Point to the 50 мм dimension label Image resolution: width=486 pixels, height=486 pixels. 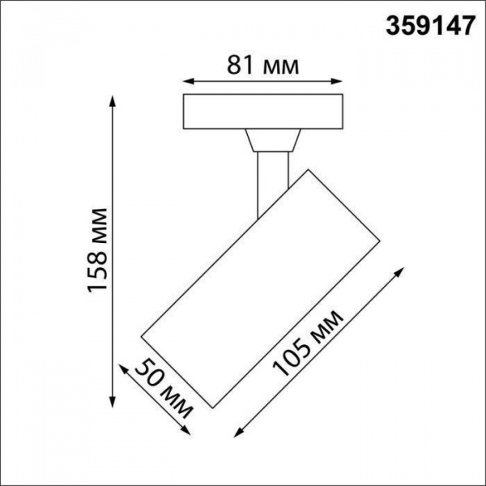[161, 388]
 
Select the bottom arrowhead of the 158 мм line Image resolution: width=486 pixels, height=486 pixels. [112, 405]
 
